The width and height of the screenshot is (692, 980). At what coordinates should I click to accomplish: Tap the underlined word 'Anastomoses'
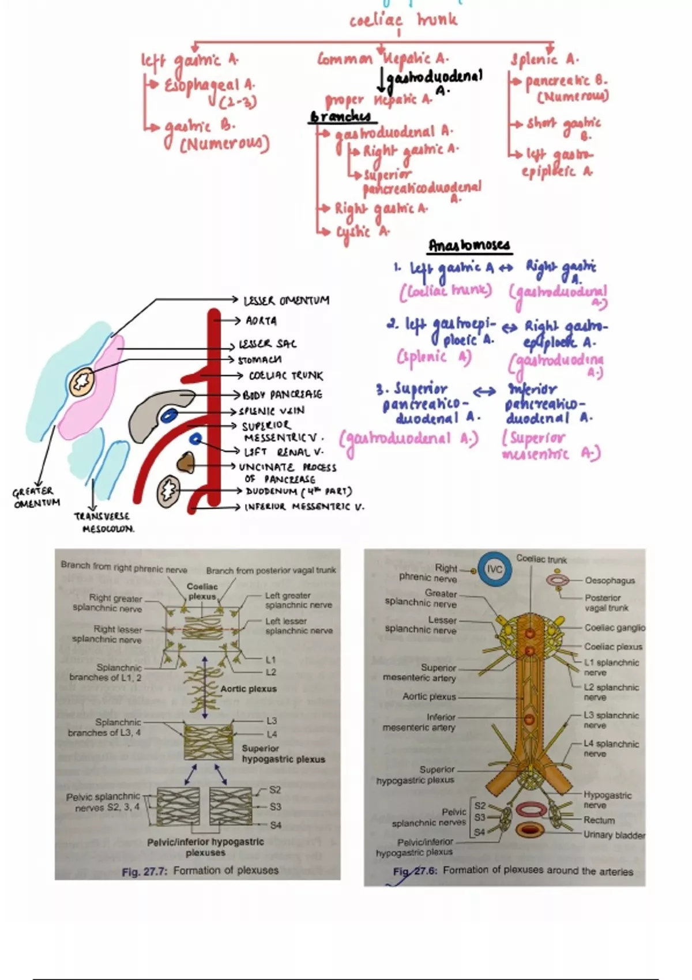pos(469,246)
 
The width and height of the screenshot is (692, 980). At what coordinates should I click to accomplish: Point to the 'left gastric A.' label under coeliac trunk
pos(189,60)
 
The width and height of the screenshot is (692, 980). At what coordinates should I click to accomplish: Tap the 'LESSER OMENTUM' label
pos(286,300)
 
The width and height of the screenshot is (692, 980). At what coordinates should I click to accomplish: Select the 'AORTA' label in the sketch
pos(261,321)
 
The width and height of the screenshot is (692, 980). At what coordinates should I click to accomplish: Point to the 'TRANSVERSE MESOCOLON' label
pos(103,522)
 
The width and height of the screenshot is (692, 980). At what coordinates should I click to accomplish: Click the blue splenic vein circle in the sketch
pos(169,414)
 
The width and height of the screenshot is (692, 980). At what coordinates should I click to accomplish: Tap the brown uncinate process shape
pos(186,462)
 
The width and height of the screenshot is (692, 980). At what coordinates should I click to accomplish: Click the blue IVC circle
pos(494,569)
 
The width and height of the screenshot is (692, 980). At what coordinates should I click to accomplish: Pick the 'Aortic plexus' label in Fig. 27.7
pos(249,689)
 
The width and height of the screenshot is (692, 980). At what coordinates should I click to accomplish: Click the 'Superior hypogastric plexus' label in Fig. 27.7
pos(283,754)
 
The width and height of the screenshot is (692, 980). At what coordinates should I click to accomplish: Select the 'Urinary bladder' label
pos(614,835)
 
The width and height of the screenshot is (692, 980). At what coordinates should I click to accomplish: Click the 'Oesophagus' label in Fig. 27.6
pos(610,581)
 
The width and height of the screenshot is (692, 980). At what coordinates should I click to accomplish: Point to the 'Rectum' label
pos(599,820)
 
